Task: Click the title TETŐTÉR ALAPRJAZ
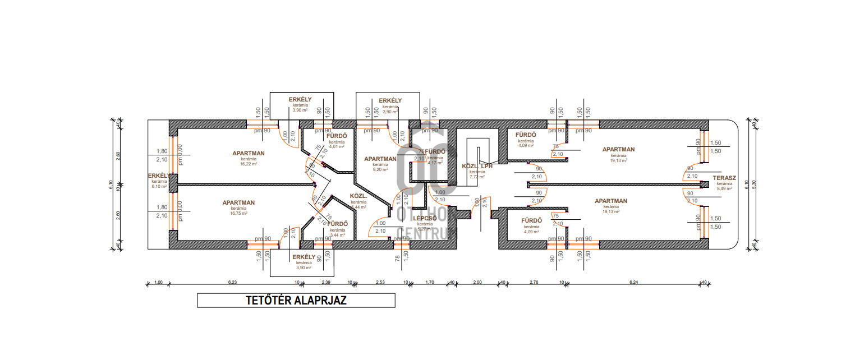(296, 301)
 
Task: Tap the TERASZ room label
(724, 178)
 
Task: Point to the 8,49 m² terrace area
(724, 189)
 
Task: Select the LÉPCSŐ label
(425, 218)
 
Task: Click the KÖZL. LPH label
(477, 166)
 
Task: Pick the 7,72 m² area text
(477, 177)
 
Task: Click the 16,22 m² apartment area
(249, 164)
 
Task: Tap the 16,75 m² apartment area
(239, 213)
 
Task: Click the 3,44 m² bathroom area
(338, 235)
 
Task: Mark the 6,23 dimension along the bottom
(233, 283)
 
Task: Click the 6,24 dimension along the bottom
(634, 283)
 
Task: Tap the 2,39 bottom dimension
(326, 283)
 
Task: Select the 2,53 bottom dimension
(380, 283)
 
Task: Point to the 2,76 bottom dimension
(534, 283)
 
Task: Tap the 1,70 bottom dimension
(429, 283)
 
